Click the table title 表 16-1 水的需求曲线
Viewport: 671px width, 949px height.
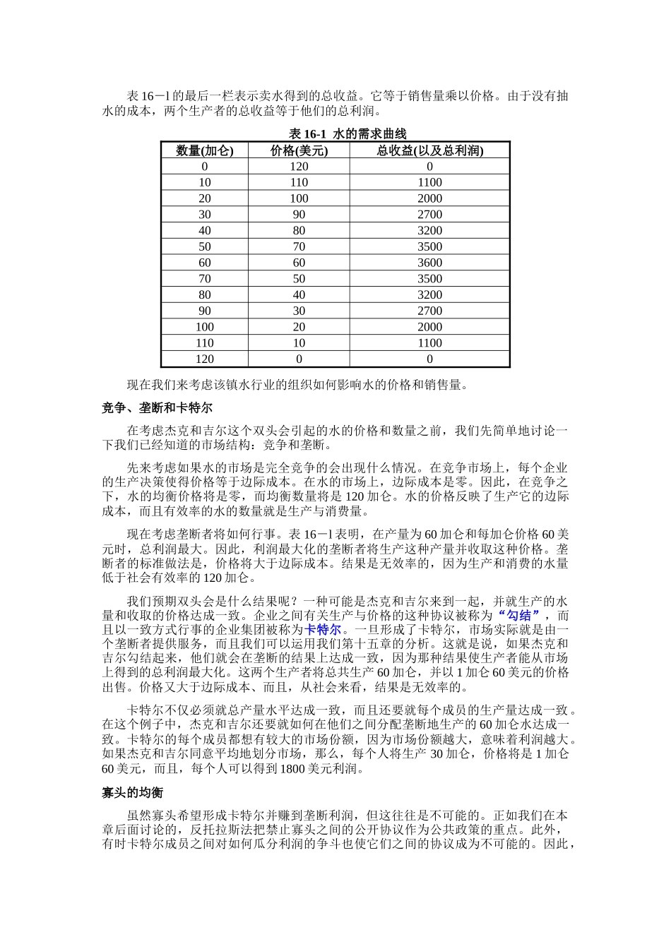coord(348,133)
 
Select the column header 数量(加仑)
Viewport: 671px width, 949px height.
coord(204,150)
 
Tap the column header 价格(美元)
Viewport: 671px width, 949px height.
coord(299,150)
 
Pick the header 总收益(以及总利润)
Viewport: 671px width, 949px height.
coord(429,150)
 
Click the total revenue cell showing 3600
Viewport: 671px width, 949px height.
coord(429,263)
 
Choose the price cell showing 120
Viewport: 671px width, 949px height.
coord(299,167)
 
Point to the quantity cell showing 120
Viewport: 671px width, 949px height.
coord(204,359)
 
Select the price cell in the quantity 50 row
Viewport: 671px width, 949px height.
coord(299,246)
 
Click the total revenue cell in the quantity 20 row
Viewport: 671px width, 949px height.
coord(429,198)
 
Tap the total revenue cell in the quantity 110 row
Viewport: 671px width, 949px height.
coord(429,343)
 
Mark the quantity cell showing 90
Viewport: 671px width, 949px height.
coord(204,311)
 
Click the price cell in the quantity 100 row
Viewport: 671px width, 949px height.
coord(299,327)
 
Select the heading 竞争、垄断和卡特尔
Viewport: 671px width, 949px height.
coord(157,408)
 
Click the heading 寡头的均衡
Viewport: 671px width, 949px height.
coord(132,793)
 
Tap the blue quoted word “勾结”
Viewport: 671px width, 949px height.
coord(519,615)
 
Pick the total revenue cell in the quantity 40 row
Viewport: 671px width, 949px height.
coord(429,230)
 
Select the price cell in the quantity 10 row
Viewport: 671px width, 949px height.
coord(299,182)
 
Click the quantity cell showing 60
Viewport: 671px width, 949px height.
coord(204,263)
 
